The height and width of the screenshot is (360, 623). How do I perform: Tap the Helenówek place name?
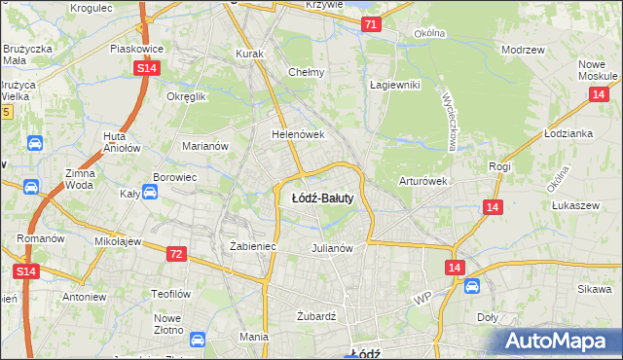(x=297, y=134)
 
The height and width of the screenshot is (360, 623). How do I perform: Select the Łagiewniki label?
(x=394, y=85)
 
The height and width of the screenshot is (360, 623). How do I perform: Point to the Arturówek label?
(x=422, y=181)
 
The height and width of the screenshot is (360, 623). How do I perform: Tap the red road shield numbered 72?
(x=175, y=254)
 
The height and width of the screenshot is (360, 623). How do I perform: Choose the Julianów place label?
(x=331, y=248)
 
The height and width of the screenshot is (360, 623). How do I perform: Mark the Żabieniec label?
(x=253, y=247)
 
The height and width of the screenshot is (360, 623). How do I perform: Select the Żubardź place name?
(x=315, y=315)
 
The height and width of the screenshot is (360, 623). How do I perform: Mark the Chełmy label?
(x=307, y=72)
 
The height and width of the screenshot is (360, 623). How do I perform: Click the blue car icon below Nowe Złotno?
(x=198, y=340)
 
